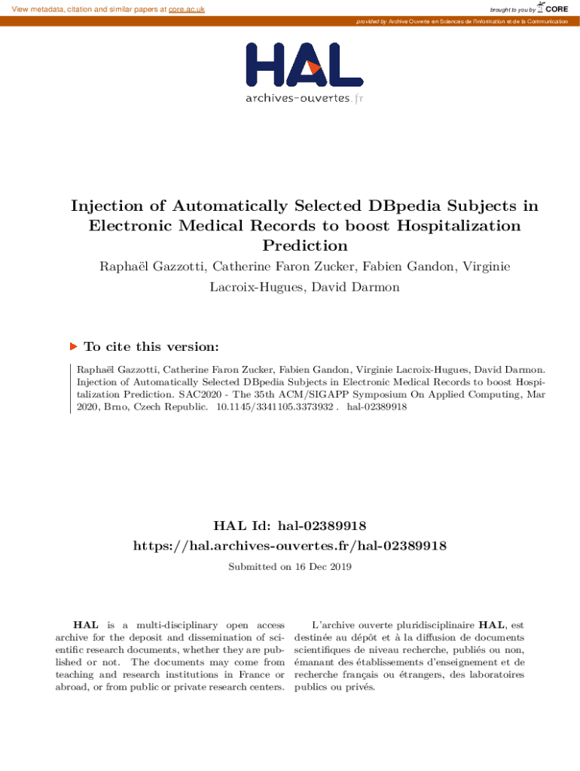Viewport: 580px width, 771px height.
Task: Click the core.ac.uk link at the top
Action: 187,9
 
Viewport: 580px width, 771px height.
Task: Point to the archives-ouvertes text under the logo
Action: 298,99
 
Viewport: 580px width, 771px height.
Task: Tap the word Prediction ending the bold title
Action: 304,245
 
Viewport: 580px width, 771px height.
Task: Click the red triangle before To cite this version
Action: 74,347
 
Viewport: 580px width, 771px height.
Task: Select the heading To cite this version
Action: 151,347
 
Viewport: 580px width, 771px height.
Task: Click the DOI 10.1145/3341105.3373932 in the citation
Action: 275,407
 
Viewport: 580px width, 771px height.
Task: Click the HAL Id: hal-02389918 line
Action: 290,525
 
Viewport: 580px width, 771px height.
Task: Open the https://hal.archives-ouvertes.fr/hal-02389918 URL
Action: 290,545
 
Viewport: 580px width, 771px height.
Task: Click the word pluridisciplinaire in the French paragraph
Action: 430,625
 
